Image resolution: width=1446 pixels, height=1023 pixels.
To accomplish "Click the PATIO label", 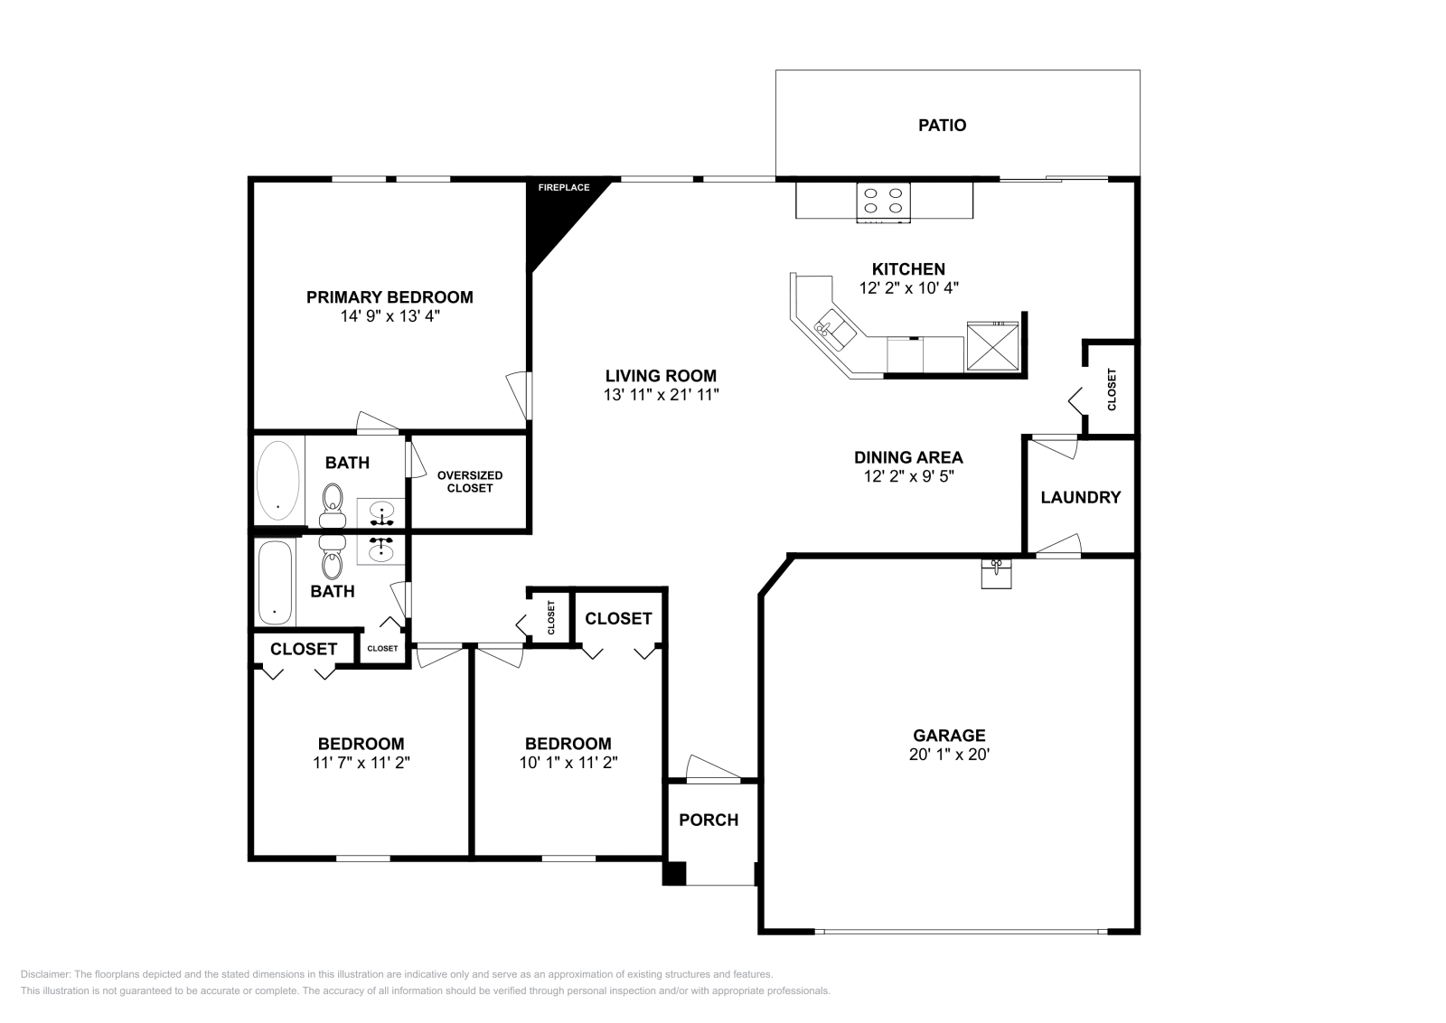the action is point(942,126).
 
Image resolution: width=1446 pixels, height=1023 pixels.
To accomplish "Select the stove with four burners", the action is point(883,202).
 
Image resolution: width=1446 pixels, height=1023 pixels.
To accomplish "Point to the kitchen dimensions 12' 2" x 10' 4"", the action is point(908,288).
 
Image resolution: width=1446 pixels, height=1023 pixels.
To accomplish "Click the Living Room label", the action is point(661,376).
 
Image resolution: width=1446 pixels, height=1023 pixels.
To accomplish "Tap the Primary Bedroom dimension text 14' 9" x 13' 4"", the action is point(390,316).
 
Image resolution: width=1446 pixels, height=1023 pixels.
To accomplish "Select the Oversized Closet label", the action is point(470,482).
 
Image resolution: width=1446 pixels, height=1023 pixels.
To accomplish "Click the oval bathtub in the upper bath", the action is point(278,480).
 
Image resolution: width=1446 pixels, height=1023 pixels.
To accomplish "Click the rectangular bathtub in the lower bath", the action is point(275,582).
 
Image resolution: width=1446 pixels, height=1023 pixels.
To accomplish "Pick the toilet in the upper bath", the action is point(333,506).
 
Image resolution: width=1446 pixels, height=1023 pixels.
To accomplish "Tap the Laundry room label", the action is point(1080,497).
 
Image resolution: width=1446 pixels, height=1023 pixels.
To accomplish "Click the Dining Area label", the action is point(908,457).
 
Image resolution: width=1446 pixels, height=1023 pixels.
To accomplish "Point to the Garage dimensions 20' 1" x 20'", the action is point(949,754).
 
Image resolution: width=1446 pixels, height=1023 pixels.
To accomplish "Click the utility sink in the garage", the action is point(996,573).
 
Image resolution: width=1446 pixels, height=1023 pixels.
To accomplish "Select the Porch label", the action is point(709,820).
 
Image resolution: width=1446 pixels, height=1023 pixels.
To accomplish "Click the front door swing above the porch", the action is point(713,768).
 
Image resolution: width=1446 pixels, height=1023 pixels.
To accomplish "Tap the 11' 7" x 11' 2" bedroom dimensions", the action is point(361,763).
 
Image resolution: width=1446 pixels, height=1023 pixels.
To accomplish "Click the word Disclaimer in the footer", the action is point(45,974).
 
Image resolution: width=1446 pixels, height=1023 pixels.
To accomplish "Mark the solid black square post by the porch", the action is point(674,873).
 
